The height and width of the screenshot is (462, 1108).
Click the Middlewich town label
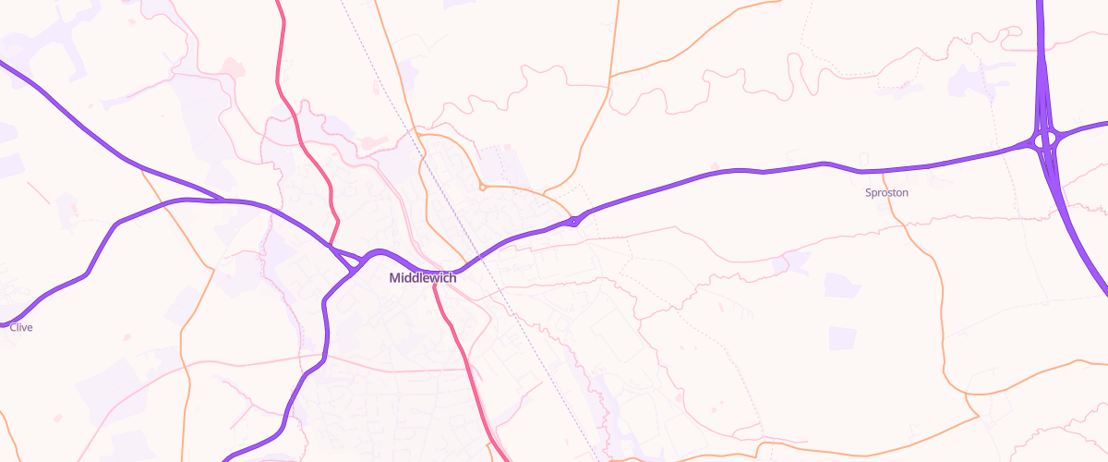tap(422, 278)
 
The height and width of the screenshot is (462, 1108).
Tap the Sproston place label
tap(886, 193)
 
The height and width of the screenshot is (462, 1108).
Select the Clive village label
tap(21, 327)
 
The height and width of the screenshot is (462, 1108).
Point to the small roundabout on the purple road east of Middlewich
tap(574, 220)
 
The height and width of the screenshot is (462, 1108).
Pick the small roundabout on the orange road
tap(482, 187)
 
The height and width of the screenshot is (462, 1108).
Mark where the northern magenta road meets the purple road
tap(331, 246)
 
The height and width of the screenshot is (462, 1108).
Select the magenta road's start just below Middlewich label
tap(436, 286)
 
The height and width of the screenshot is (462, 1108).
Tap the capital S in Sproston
tap(869, 193)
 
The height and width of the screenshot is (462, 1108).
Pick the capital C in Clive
tap(13, 327)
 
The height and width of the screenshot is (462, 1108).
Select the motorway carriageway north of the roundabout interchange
tap(1041, 55)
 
